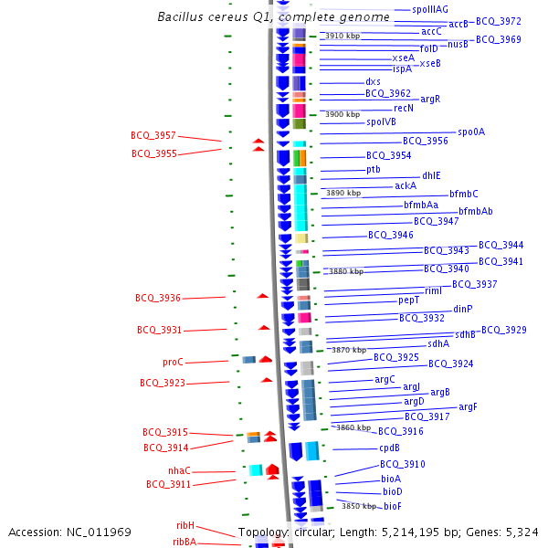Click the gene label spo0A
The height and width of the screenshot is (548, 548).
point(471,132)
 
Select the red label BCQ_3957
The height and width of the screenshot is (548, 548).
point(153,135)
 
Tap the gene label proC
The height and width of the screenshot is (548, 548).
point(173,362)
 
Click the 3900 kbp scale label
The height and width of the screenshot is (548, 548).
point(342,114)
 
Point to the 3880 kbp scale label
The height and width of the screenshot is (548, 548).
point(346,271)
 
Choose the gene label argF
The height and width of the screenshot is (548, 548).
point(468,406)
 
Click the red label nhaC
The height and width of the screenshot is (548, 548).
point(179,470)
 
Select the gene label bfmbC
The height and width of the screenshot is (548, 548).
point(463,194)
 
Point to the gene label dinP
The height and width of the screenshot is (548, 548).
point(463,309)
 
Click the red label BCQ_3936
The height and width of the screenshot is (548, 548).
point(158,298)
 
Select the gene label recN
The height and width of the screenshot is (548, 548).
point(404,108)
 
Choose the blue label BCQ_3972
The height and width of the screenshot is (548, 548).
point(498,21)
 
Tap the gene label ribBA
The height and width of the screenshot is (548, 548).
point(184,542)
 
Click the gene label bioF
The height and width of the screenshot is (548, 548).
point(392,506)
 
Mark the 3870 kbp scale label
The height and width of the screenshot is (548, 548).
point(348,350)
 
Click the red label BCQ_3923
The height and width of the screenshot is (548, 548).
point(162,383)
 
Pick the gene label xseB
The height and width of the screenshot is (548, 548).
point(429,63)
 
